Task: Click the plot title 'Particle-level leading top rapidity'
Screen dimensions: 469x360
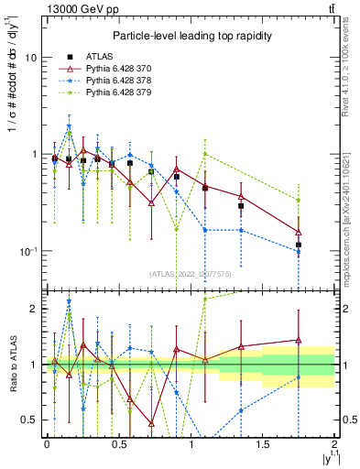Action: click(x=190, y=36)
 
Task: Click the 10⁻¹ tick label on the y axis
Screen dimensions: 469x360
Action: click(x=27, y=251)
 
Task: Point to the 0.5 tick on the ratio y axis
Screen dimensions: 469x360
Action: click(x=27, y=420)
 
